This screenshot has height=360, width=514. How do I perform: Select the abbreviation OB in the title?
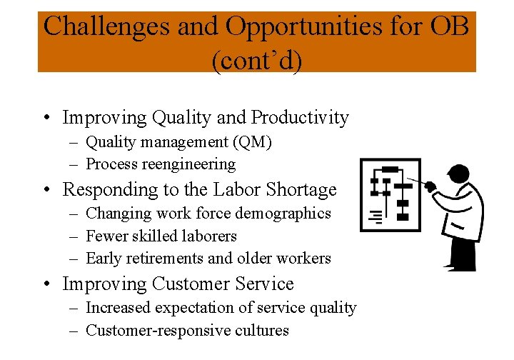click(x=450, y=26)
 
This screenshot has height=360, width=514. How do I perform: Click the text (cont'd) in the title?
click(x=257, y=60)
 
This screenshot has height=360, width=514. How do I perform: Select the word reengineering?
click(x=189, y=164)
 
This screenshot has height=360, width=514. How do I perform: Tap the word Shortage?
click(x=301, y=190)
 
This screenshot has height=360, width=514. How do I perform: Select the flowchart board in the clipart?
click(x=391, y=194)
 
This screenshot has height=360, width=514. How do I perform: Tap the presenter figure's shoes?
click(x=460, y=266)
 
